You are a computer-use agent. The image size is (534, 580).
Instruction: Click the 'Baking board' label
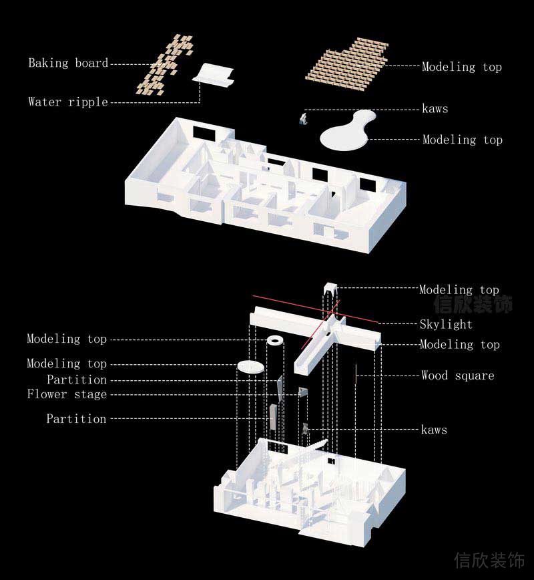tap(68, 63)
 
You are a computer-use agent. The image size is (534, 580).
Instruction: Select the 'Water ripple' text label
tap(68, 102)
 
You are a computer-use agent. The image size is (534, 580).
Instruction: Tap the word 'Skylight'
tap(446, 324)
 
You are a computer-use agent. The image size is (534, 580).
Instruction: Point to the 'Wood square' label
tap(458, 376)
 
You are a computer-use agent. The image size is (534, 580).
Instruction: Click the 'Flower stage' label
tap(67, 394)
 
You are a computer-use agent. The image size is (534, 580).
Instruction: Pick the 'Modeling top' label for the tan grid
tap(462, 67)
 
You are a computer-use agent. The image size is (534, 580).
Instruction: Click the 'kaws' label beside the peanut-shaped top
tap(435, 109)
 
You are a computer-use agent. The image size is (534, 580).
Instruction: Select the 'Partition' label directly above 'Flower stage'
tap(77, 380)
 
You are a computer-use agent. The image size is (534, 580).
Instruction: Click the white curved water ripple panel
tap(213, 75)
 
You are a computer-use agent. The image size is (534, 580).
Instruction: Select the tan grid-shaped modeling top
tap(347, 63)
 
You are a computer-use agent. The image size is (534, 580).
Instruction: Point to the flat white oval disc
tap(250, 367)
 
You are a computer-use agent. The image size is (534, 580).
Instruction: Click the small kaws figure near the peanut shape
tap(304, 119)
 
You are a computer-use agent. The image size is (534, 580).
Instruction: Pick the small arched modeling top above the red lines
tap(330, 288)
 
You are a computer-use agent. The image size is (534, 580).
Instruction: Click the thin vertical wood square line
tap(356, 374)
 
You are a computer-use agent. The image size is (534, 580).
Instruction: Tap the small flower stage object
tap(302, 392)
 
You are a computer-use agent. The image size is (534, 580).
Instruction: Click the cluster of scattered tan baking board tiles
tap(164, 65)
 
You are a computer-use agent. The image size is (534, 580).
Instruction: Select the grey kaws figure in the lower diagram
tap(305, 429)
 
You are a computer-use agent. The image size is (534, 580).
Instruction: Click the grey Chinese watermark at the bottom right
tap(489, 560)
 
